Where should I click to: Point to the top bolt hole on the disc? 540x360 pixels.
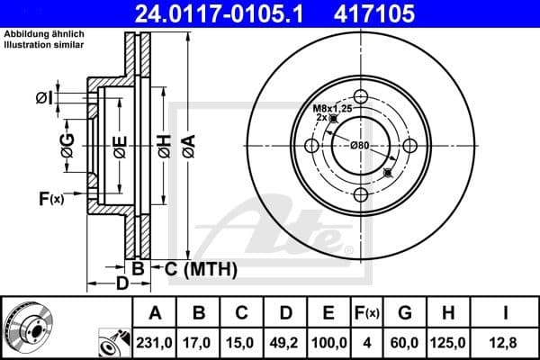361,97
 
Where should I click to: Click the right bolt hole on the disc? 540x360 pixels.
409,146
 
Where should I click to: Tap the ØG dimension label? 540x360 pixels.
67,141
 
